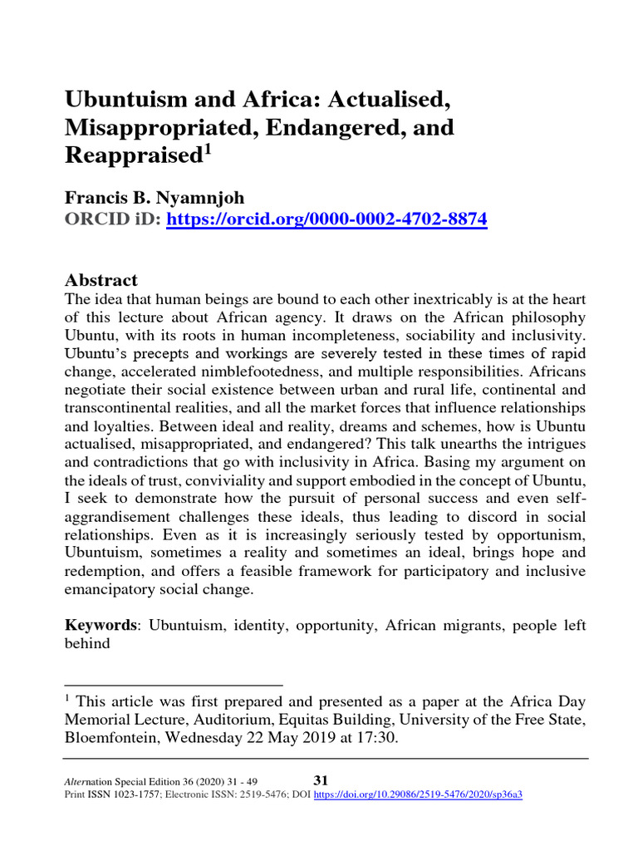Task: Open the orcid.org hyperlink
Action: tap(327, 219)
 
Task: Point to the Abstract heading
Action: tap(101, 280)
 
